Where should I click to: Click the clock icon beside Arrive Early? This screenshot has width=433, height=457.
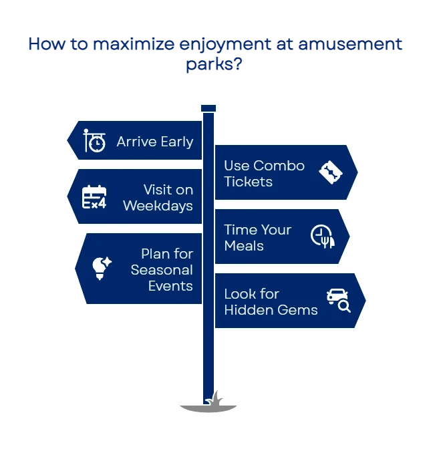pyautogui.click(x=94, y=141)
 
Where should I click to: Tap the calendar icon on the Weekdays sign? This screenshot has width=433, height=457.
pyautogui.click(x=94, y=197)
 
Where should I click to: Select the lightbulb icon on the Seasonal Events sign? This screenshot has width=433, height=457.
pyautogui.click(x=101, y=268)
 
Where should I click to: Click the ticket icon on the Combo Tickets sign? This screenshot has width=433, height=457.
pyautogui.click(x=330, y=172)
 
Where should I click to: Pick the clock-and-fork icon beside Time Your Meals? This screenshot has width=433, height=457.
pyautogui.click(x=323, y=237)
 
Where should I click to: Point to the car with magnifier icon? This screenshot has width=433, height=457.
pyautogui.click(x=339, y=301)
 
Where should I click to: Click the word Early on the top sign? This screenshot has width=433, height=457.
pyautogui.click(x=176, y=142)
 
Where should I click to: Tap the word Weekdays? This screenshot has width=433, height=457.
pyautogui.click(x=158, y=206)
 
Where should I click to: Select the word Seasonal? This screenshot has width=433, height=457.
pyautogui.click(x=162, y=270)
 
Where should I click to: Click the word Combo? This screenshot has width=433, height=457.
pyautogui.click(x=279, y=166)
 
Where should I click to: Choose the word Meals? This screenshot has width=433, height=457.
pyautogui.click(x=244, y=246)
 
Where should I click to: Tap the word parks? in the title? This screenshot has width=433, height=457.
pyautogui.click(x=214, y=64)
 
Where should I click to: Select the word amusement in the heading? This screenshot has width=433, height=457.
pyautogui.click(x=350, y=44)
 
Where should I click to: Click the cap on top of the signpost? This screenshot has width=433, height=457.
pyautogui.click(x=208, y=108)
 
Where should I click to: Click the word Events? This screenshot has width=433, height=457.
pyautogui.click(x=170, y=286)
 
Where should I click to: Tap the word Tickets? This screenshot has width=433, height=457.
pyautogui.click(x=249, y=182)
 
